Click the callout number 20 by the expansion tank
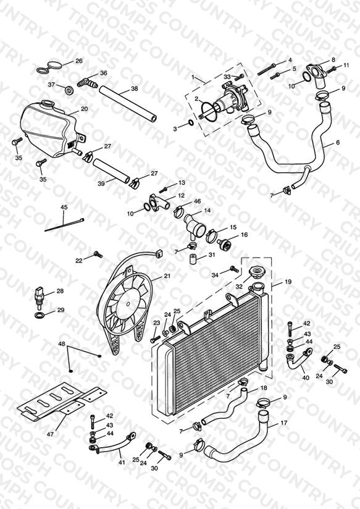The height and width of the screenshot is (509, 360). (x=85, y=109)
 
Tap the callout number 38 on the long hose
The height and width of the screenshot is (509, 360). (x=135, y=88)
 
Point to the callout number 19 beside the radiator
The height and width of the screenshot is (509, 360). (x=288, y=282)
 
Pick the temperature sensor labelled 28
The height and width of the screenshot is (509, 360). (x=39, y=297)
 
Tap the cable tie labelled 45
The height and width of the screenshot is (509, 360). (x=64, y=225)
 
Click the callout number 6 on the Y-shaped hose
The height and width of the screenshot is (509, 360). (x=338, y=142)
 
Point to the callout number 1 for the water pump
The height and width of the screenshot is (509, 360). (x=193, y=77)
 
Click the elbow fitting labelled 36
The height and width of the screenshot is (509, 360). (x=88, y=83)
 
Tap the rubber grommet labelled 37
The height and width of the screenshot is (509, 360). (x=69, y=90)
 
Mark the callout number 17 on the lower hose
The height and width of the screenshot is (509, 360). (x=284, y=423)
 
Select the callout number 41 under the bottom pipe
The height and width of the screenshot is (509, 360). (x=122, y=462)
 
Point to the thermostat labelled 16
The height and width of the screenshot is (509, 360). (x=223, y=243)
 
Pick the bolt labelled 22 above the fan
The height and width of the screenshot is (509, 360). (x=98, y=254)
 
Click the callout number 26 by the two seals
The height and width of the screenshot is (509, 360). (x=79, y=61)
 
